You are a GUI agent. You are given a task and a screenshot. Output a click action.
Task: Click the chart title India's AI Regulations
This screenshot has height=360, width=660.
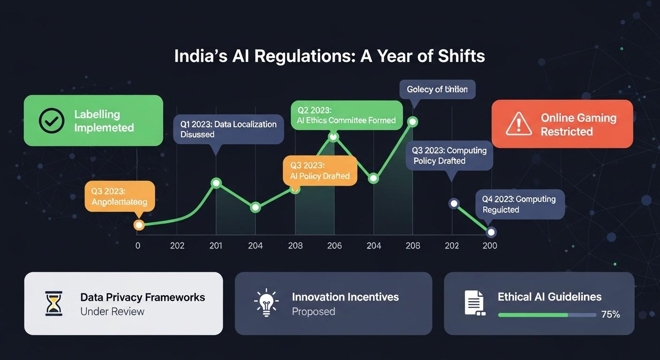point(330,56)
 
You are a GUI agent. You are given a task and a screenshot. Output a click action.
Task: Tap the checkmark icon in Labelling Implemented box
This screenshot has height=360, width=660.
point(52,121)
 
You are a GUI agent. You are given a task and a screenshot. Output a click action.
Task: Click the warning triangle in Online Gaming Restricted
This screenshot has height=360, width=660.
point(518,124)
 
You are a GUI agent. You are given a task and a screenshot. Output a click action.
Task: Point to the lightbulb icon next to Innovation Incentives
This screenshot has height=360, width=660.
point(266,302)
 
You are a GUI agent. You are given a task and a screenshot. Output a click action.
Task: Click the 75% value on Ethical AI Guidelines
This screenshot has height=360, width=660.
point(610,315)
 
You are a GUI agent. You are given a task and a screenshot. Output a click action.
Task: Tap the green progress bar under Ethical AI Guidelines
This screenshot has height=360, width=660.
point(532,315)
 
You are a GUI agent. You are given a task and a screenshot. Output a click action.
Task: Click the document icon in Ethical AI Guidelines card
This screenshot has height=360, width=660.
point(474,303)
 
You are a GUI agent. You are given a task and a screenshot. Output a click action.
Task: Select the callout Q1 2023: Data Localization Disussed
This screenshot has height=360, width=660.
point(228,129)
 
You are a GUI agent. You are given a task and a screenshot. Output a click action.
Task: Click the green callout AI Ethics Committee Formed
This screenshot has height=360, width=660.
point(346,115)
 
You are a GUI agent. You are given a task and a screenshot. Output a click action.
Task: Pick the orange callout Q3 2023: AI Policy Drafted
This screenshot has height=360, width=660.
point(320,171)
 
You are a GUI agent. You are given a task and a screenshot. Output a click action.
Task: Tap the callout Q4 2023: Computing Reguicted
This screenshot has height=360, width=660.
point(519,204)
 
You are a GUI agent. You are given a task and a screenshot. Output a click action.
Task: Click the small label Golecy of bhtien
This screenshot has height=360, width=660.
point(437,89)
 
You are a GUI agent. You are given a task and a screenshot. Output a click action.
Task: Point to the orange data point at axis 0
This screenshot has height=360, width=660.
point(139,225)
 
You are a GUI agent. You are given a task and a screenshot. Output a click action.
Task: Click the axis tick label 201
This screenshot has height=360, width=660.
point(216,246)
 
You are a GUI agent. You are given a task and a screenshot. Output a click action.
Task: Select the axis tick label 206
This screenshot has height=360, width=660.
point(334,246)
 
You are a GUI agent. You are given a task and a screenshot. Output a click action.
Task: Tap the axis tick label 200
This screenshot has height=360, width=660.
point(489,246)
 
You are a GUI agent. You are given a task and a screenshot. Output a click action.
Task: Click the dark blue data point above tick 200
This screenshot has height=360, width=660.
point(491,232)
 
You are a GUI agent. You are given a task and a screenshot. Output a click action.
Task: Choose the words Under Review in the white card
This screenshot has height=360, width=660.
point(112,312)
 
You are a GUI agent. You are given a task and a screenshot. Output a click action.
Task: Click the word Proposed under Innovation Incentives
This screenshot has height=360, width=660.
point(313,312)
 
